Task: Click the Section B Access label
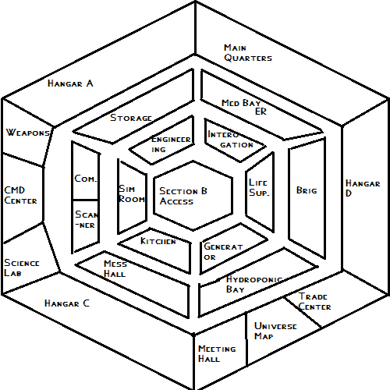[x=183, y=196]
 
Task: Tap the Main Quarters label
[x=248, y=53]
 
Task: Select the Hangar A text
[x=70, y=83]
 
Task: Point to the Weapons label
[x=28, y=133]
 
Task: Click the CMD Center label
[x=20, y=195]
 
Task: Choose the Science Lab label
[x=22, y=268]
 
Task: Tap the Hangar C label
[x=67, y=303]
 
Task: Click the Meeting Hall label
[x=217, y=353]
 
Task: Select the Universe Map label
[x=275, y=331]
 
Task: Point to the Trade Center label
[x=314, y=301]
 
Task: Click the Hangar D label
[x=363, y=188]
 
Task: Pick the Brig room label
[x=307, y=190]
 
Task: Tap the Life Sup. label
[x=259, y=187]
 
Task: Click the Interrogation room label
[x=230, y=140]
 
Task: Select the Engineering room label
[x=171, y=144]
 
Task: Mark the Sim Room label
[x=132, y=194]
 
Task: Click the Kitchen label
[x=158, y=241]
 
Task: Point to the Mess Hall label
[x=115, y=268]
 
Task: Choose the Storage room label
[x=131, y=118]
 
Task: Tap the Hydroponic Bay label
[x=254, y=284]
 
